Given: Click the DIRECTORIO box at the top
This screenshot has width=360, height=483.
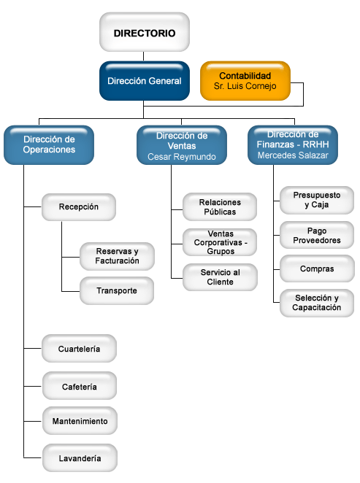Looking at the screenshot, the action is (x=145, y=32).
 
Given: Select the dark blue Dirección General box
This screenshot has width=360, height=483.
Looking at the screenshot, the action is (x=145, y=81).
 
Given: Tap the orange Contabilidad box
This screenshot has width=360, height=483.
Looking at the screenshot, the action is (x=245, y=81).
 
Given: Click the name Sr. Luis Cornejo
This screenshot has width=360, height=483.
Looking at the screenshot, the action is (x=245, y=86).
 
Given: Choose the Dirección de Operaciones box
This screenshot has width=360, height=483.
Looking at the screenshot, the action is (x=49, y=144).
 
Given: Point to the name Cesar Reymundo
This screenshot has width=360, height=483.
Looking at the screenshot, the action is (x=182, y=156).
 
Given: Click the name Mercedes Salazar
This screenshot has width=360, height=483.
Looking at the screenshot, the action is (x=293, y=155).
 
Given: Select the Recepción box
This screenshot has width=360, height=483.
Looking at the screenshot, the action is (x=79, y=207).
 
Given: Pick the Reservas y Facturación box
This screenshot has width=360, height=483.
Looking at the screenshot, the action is (x=117, y=256).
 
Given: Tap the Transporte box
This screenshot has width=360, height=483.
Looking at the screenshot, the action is (x=117, y=290).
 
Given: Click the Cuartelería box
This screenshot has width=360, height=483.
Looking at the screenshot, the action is (x=79, y=349).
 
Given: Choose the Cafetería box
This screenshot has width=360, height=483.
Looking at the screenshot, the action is (x=79, y=386).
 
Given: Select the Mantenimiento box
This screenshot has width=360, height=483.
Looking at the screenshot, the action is (x=80, y=421).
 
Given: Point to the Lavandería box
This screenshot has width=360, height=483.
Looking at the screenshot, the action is (x=80, y=457).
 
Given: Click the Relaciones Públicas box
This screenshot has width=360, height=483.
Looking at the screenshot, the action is (x=220, y=206).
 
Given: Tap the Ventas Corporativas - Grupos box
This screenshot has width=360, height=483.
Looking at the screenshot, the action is (x=220, y=242).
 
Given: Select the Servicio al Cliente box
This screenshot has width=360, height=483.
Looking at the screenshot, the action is (x=220, y=277).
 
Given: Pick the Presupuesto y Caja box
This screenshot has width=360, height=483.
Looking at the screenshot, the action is (x=316, y=200).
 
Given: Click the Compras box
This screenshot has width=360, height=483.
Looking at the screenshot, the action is (x=317, y=268).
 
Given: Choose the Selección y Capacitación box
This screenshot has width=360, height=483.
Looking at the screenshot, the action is (x=316, y=303).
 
